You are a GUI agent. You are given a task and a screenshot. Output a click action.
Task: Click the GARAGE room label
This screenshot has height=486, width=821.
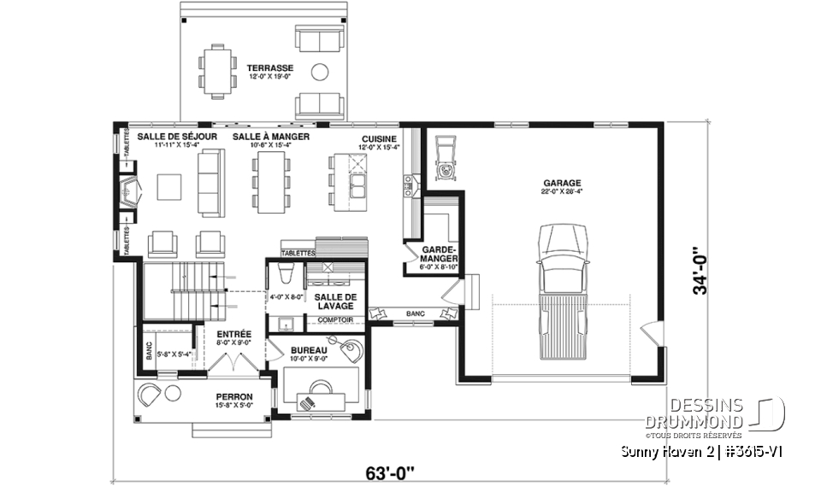[x=561, y=183]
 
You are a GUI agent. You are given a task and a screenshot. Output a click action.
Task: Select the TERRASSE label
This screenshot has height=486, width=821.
[x=269, y=67]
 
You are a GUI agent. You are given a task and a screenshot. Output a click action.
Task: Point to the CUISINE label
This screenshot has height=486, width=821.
[x=379, y=137]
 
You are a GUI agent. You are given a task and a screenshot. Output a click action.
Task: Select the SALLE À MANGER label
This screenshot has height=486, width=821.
[x=270, y=137]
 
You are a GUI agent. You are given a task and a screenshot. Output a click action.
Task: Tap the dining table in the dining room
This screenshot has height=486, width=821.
[x=270, y=183]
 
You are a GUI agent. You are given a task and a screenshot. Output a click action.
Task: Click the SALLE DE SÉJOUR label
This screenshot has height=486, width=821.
[x=176, y=137]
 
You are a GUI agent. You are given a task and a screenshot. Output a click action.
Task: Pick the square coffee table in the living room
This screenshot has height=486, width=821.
[x=168, y=185]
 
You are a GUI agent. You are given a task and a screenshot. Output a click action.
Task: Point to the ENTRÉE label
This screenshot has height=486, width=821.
[x=233, y=334]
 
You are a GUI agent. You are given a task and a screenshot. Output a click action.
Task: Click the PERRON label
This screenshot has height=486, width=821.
[x=233, y=397]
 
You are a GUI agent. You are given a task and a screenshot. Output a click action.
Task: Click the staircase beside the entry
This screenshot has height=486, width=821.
[x=175, y=290]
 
